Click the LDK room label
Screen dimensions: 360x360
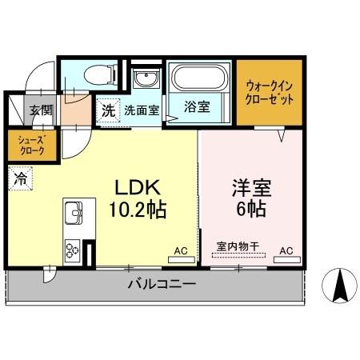point(141,189)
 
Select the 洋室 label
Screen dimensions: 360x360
point(251,190)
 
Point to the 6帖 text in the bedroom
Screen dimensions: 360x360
point(251,211)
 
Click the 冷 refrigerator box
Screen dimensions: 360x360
point(19,178)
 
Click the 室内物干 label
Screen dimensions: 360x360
point(238,247)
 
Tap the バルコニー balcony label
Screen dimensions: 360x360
point(161,284)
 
